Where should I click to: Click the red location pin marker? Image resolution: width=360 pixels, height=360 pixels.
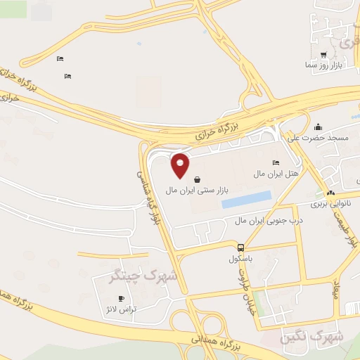181,166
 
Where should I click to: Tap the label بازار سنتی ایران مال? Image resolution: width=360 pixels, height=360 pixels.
198,191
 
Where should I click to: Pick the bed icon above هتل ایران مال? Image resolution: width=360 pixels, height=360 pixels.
275,162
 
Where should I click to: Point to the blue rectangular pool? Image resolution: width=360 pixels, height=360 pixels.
246,200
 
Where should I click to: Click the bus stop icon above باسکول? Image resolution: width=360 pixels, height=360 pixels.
241,247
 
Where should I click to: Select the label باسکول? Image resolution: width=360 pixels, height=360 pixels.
240,258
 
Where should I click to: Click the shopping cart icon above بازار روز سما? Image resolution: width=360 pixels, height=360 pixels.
323,54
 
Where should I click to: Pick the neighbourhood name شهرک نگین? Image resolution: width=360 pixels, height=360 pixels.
313,337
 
